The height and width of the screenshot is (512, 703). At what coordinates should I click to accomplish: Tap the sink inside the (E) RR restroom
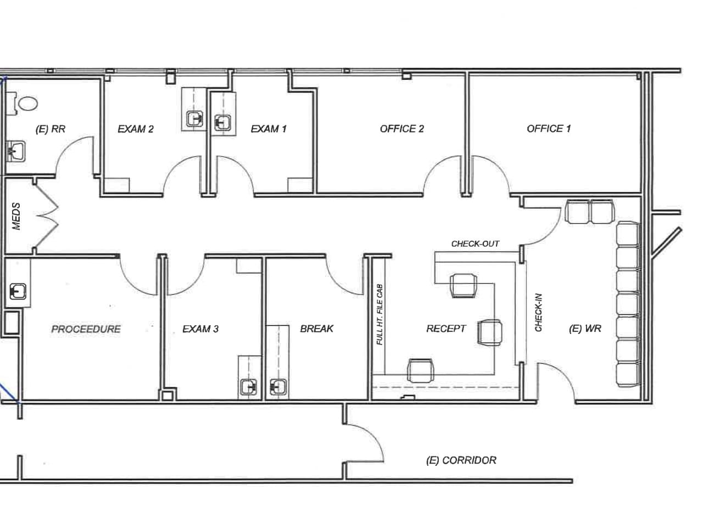(18, 150)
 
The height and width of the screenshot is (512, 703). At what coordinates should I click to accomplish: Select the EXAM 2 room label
(136, 129)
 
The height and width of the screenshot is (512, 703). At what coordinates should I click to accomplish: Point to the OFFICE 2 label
(401, 129)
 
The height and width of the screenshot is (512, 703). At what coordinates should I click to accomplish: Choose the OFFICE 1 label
(548, 129)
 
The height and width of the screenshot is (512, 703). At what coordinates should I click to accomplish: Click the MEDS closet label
(16, 216)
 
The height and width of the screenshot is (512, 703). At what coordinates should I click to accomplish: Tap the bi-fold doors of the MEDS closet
(47, 215)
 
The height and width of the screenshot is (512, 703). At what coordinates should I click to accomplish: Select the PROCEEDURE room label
(86, 329)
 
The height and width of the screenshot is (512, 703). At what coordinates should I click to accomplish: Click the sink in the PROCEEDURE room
(18, 291)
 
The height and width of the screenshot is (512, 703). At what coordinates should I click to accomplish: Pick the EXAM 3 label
(200, 329)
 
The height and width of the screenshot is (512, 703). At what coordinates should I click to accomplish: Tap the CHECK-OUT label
(475, 243)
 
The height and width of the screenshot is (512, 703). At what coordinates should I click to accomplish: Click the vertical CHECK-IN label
(539, 311)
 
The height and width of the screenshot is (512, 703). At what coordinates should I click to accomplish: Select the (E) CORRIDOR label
(461, 460)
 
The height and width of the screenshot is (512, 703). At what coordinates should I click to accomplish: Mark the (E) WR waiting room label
(585, 329)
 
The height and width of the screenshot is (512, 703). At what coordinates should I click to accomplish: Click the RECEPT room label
(446, 329)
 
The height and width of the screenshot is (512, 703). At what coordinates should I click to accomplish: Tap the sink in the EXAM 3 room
(249, 387)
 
